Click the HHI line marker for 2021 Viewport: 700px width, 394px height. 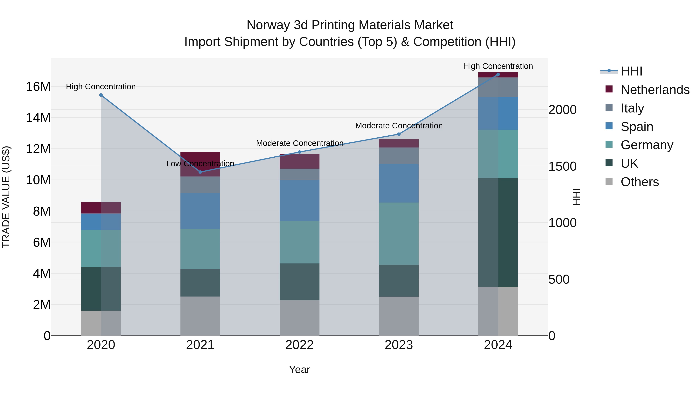200,172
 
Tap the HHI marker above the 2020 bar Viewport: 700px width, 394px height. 101,95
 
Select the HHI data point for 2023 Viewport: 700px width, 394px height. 399,134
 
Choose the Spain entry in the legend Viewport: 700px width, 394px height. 637,127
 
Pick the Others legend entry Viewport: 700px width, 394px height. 639,182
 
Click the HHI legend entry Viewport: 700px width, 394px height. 631,71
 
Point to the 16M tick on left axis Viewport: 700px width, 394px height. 38,87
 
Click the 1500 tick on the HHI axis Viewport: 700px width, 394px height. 562,166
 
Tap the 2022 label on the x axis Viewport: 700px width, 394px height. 299,345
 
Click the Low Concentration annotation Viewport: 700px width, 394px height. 200,164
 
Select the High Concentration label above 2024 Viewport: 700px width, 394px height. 498,66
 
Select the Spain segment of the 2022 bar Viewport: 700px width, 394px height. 299,200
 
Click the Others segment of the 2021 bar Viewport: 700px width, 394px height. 200,316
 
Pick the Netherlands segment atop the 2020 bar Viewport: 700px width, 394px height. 101,208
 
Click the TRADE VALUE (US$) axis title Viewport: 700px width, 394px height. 6,197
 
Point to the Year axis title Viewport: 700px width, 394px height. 299,369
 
